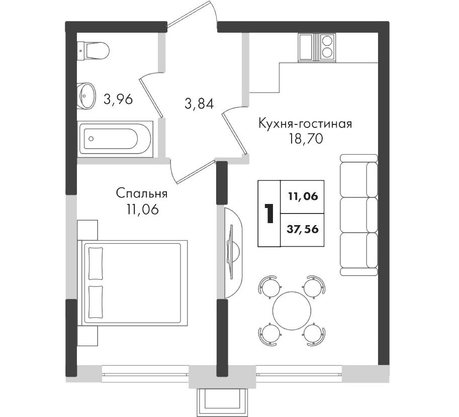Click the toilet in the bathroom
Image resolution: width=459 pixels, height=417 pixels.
pos(93,50)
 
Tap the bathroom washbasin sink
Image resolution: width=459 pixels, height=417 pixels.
pos(86,96)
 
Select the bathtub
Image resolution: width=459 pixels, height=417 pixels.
pos(115,138)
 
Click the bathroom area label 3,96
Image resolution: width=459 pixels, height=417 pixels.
pos(118,99)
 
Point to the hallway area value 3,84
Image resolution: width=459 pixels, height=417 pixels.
pos(199,104)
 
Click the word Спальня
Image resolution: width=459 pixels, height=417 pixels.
pos(142,194)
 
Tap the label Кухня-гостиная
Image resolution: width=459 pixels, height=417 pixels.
pos(305,123)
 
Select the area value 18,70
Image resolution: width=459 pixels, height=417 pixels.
pos(306,138)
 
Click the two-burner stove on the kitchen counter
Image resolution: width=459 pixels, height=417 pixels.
pos(327,47)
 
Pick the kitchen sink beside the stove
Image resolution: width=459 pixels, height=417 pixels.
pos(307,47)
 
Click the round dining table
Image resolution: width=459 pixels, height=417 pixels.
pos(292,311)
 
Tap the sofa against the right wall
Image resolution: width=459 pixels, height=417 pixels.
pos(359,215)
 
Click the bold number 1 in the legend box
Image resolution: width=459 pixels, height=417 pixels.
pos(269,214)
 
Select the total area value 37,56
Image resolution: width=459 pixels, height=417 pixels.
pos(302,229)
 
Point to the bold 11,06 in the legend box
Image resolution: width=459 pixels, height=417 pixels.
pos(303,196)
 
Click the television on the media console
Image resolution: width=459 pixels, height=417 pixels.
pos(231,252)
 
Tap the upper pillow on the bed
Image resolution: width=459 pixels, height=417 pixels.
pos(96,263)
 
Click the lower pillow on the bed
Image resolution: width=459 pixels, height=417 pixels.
pos(96,302)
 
